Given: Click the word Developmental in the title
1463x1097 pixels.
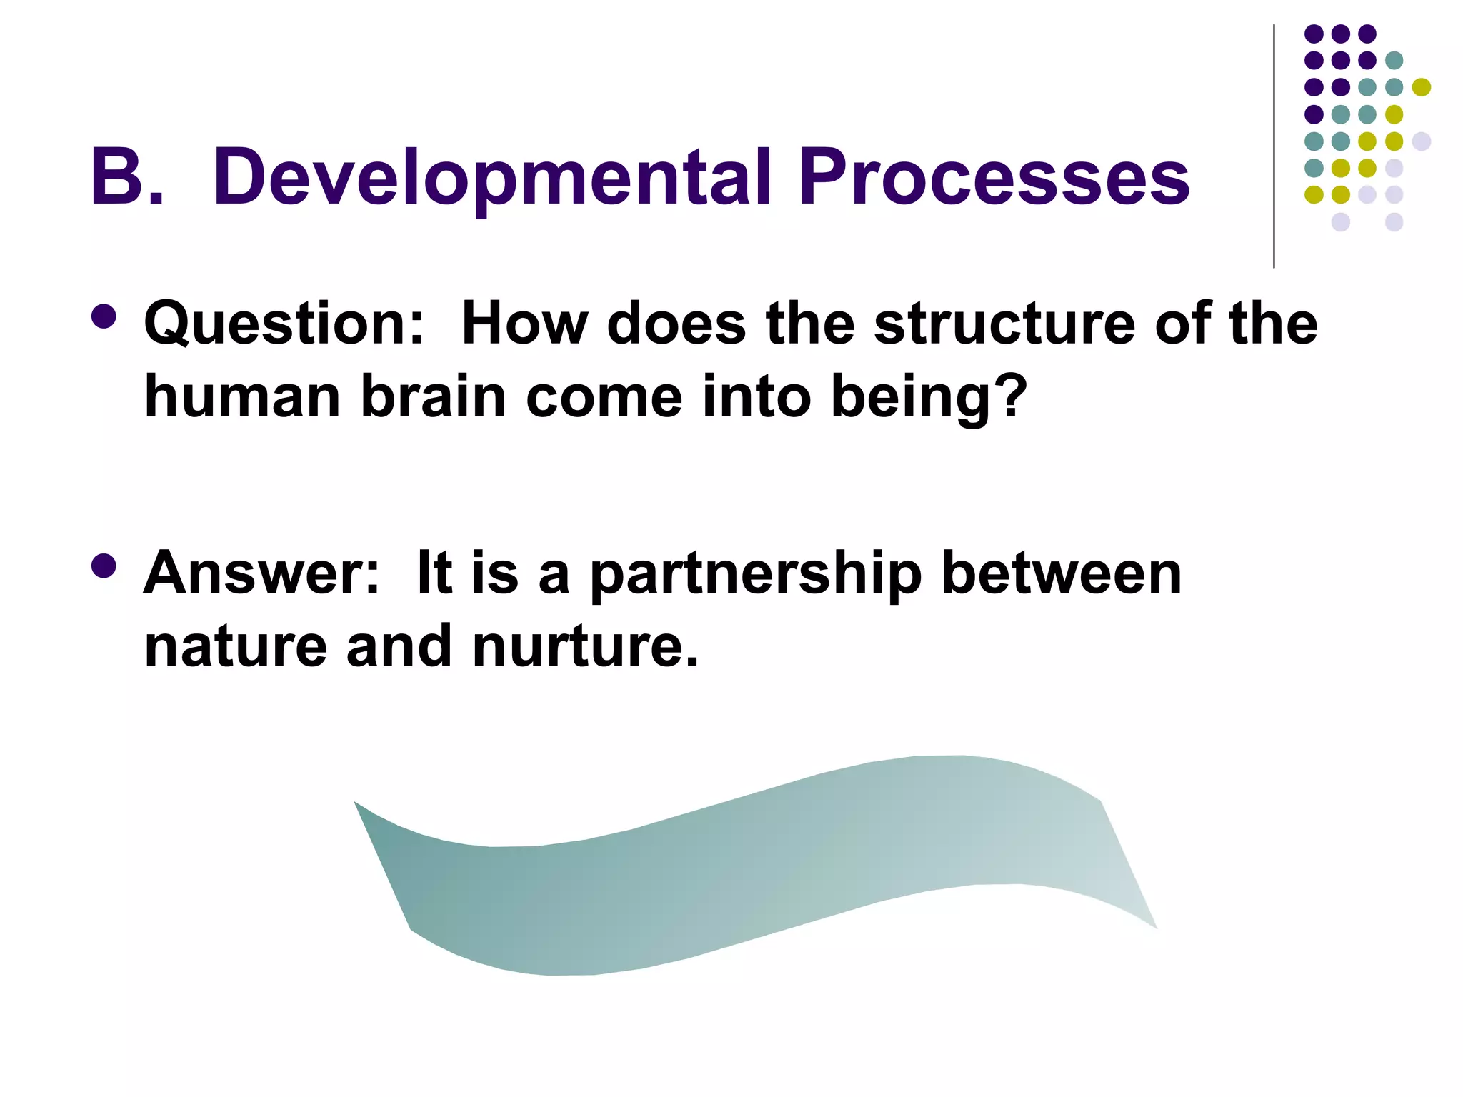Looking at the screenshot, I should [x=491, y=177].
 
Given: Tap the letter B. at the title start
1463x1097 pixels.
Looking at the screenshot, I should [x=127, y=177].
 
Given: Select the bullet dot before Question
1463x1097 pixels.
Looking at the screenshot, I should [x=104, y=316].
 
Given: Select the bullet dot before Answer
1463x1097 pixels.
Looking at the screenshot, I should [x=104, y=566].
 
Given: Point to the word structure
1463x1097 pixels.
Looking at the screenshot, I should [x=1004, y=324].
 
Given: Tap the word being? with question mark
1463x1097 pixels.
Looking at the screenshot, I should [x=929, y=398].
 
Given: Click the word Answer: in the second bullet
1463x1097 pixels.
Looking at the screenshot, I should [x=261, y=573].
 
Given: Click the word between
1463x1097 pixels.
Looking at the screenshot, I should [x=1062, y=573].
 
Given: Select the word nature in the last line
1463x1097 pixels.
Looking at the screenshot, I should [x=235, y=646].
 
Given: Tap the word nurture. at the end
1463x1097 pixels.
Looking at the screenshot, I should [x=585, y=646].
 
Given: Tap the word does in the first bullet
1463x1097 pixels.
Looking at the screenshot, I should [x=676, y=324].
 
